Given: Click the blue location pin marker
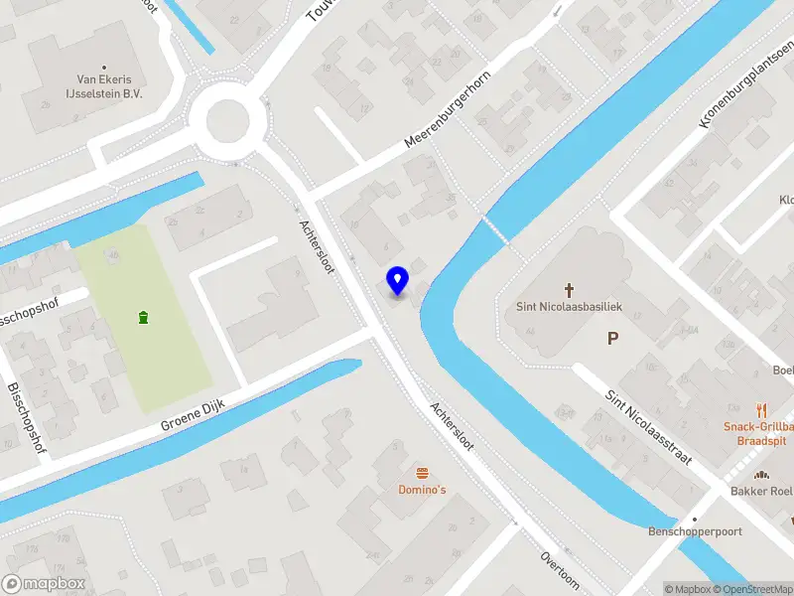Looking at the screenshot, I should (x=397, y=281).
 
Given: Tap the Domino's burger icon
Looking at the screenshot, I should (x=423, y=473).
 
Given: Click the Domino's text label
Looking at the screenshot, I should (x=423, y=490).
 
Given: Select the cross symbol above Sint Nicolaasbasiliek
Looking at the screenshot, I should (x=570, y=290).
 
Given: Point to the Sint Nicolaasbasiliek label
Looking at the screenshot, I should (x=570, y=307).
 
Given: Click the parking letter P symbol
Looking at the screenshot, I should (x=613, y=339).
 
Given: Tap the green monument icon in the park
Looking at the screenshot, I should (x=145, y=318).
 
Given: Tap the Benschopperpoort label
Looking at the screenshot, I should (x=695, y=531).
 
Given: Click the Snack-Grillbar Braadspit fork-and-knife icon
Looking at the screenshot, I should (x=761, y=409).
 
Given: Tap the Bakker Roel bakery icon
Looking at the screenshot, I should (x=763, y=475).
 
